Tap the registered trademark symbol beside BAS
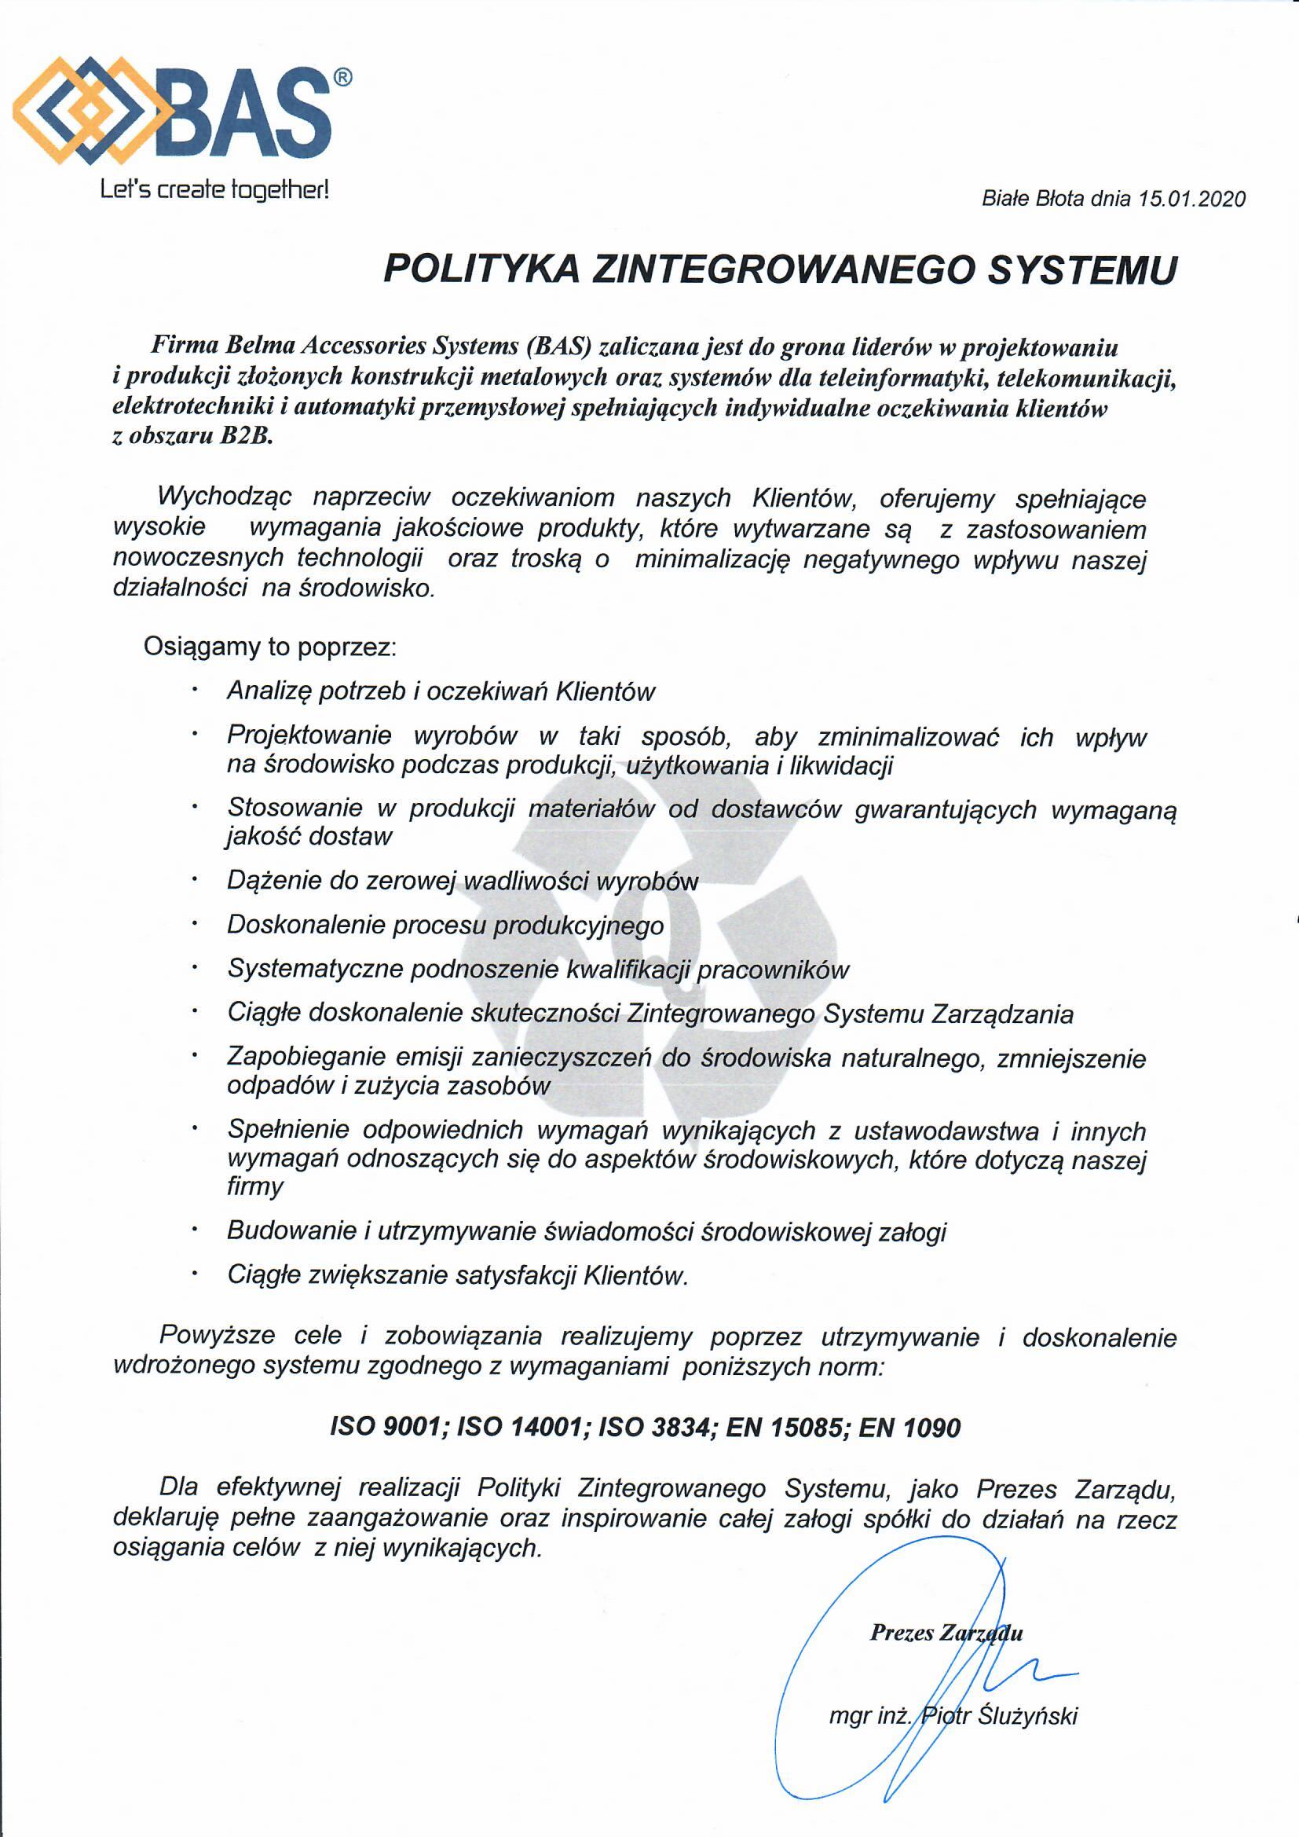[x=341, y=78]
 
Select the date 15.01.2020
[x=1193, y=200]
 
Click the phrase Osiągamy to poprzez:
[x=270, y=647]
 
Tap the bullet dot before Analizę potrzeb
[x=194, y=689]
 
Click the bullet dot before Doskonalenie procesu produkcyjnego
[x=194, y=924]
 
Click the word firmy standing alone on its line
[x=255, y=1186]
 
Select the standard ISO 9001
[x=388, y=1428]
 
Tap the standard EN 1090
[x=909, y=1428]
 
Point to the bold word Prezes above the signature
[x=902, y=1632]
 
